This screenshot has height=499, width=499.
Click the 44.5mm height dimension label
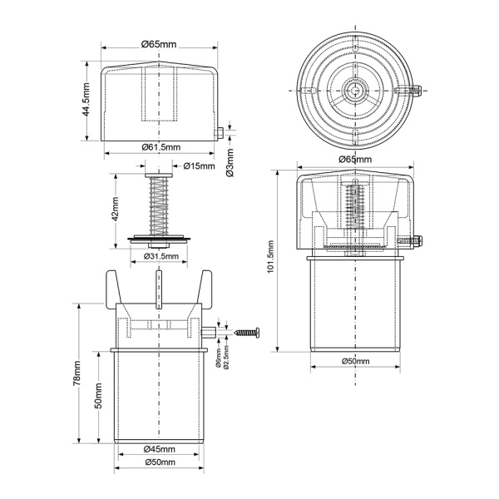tap(86, 100)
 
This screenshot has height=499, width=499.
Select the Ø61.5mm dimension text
tap(161, 147)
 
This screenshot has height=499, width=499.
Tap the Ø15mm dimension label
tap(200, 166)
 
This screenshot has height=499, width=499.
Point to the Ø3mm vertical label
tap(230, 163)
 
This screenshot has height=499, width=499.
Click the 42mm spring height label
tap(115, 209)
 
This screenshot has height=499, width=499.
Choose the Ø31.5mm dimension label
tap(161, 256)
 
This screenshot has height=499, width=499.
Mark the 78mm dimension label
tap(77, 373)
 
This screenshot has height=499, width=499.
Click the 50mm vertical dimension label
tap(99, 396)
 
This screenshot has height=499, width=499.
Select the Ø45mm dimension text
tap(159, 449)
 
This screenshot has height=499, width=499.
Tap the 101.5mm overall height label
tap(270, 257)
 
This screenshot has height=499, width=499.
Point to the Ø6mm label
tap(219, 358)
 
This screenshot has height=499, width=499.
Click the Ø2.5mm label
tap(226, 357)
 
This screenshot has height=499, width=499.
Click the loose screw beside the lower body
tap(247, 333)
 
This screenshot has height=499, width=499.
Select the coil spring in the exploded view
tap(158, 206)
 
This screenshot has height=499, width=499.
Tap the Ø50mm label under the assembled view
tap(355, 361)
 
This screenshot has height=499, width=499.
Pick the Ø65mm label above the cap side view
tap(159, 44)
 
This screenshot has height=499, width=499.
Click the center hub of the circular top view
tap(355, 91)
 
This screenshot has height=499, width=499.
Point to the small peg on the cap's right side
tap(220, 133)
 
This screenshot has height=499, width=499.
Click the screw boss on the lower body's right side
tap(209, 333)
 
